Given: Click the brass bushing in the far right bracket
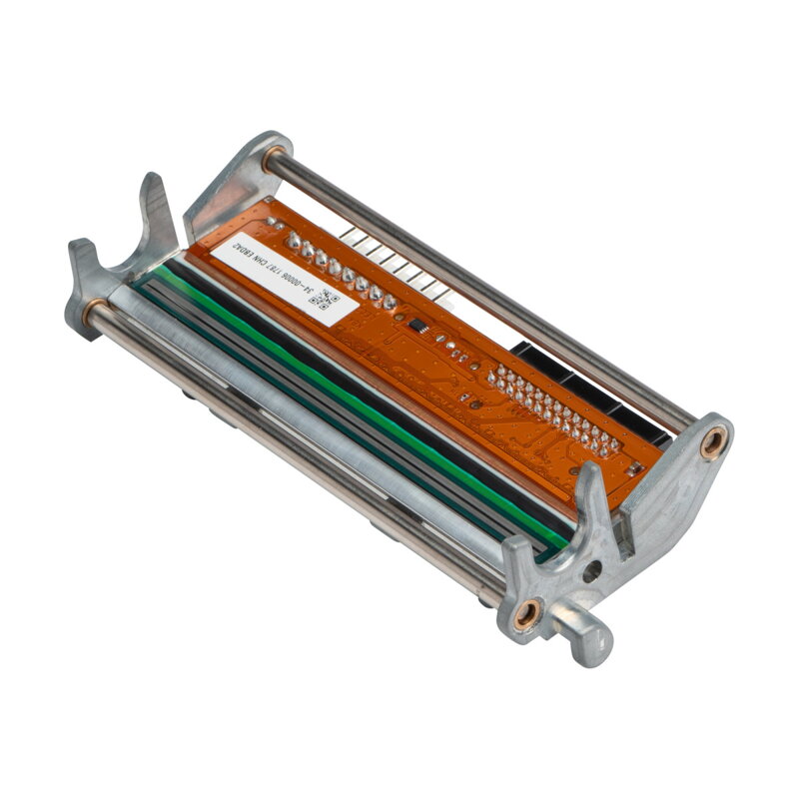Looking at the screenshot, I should click(713, 441).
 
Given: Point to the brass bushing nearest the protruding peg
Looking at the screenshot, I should click(526, 611).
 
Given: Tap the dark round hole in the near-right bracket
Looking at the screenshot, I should click(591, 572).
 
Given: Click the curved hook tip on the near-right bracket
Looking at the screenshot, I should click(589, 479).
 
